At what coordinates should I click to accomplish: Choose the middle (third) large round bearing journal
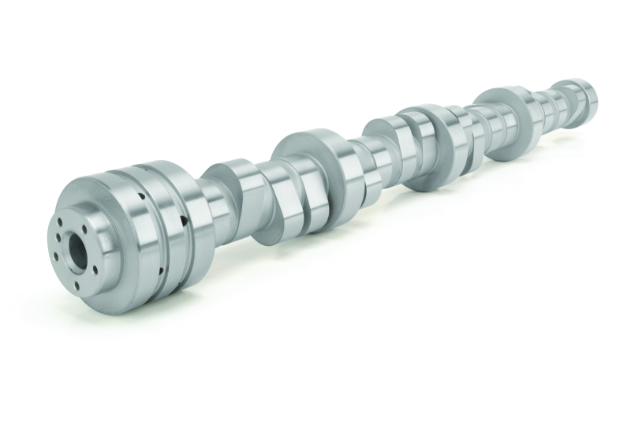click(423, 147)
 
